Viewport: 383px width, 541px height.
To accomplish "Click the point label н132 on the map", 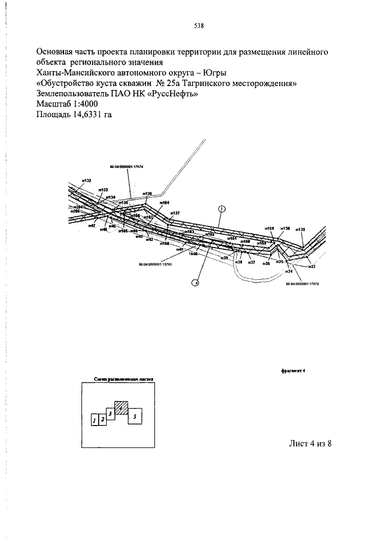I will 87,181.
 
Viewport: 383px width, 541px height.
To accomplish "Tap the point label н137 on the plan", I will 175,213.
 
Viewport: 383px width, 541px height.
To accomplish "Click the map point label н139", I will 300,229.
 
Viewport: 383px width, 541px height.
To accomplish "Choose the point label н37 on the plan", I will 252,262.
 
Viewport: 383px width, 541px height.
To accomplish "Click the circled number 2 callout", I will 221,208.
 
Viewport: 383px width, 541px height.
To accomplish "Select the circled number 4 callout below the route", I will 194,283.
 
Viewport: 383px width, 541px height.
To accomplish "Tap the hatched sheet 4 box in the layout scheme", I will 121,408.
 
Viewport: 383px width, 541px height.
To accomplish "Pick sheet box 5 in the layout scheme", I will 135,415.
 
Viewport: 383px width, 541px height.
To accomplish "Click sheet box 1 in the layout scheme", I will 95,420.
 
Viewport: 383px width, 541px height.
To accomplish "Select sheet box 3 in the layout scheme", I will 111,414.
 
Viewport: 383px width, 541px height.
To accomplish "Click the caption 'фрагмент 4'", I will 293,370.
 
